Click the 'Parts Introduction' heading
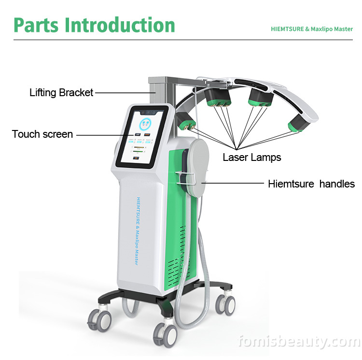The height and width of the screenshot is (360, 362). click(94, 25)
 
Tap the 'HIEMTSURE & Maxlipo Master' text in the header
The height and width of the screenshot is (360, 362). click(311, 29)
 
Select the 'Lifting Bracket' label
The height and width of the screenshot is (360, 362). click(61, 92)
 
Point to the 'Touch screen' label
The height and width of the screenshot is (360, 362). click(42, 134)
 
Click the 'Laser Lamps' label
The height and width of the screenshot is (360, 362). click(251, 157)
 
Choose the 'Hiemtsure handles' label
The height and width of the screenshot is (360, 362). click(311, 184)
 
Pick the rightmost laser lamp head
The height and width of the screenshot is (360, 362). click(299, 123)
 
